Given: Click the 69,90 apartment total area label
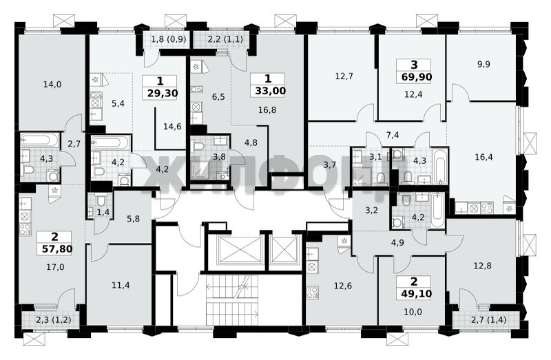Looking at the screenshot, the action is [x=415, y=77].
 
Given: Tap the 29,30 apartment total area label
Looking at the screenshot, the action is [x=160, y=94].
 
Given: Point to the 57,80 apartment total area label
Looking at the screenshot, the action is [x=56, y=249].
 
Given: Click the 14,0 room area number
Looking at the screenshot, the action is [x=52, y=84].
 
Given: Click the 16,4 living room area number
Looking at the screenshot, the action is [x=484, y=157].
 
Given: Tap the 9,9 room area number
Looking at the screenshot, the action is [x=484, y=64].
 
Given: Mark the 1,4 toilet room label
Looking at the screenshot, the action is [x=103, y=212].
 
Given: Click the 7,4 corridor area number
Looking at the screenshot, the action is [x=392, y=135].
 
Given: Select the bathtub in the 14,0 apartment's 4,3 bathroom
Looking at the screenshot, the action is [x=39, y=140].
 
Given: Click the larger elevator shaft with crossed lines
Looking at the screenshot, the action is [x=240, y=249].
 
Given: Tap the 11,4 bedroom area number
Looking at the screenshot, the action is [x=121, y=285].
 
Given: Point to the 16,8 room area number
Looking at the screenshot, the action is [x=267, y=110].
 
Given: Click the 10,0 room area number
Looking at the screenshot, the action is [x=413, y=312].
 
